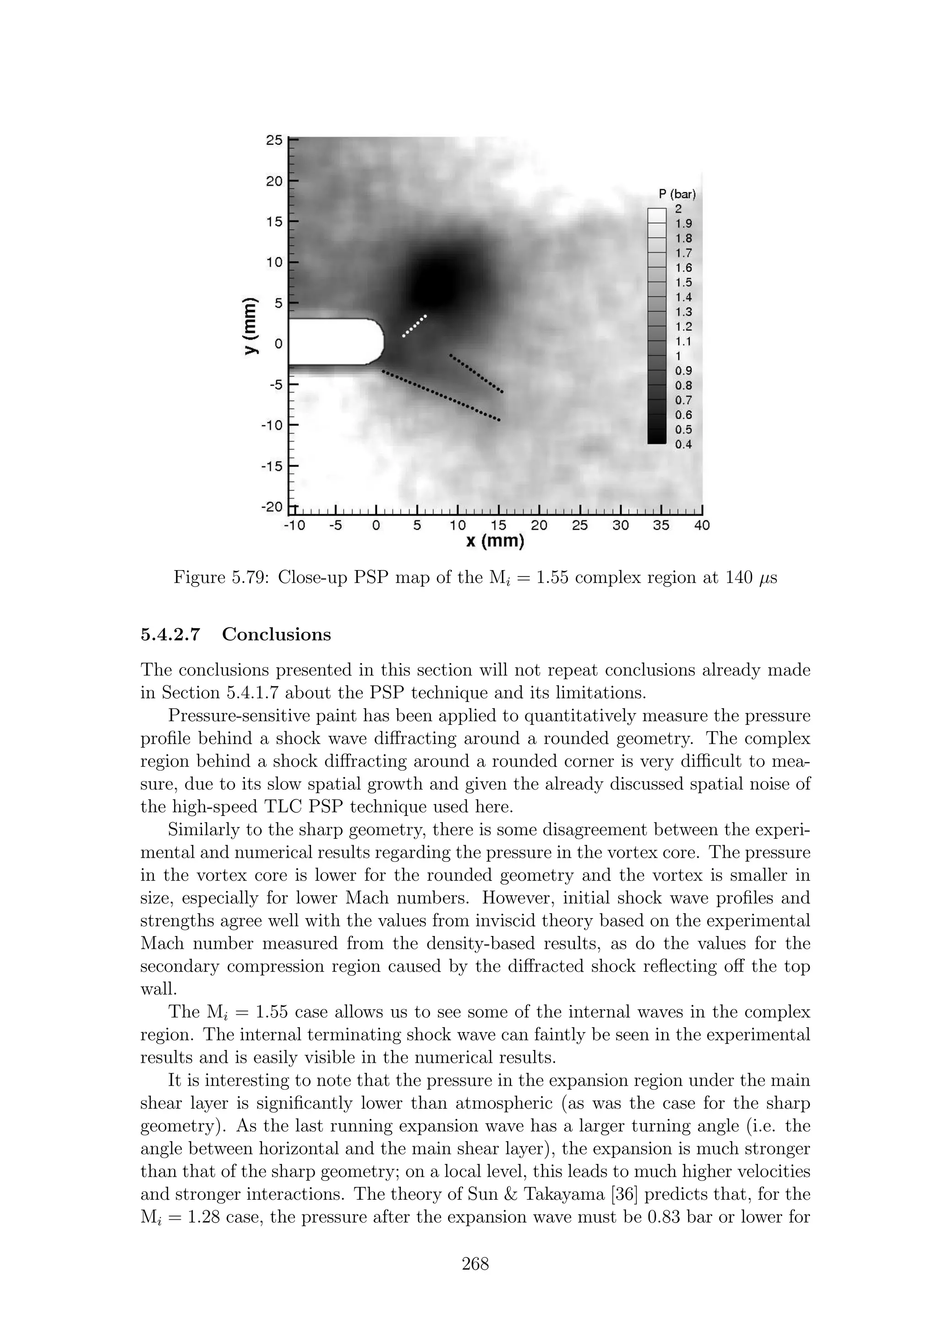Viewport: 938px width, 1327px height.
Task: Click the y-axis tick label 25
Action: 274,141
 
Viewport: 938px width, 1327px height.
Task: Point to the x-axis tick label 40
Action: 701,525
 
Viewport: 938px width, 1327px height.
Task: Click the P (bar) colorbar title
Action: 677,194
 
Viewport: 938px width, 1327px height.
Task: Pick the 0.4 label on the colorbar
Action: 683,445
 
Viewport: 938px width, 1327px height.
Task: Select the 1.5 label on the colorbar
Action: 683,283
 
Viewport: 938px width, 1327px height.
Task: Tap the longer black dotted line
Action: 441,396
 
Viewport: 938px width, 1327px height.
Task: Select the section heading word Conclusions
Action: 276,635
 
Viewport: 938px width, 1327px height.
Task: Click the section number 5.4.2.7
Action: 170,635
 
